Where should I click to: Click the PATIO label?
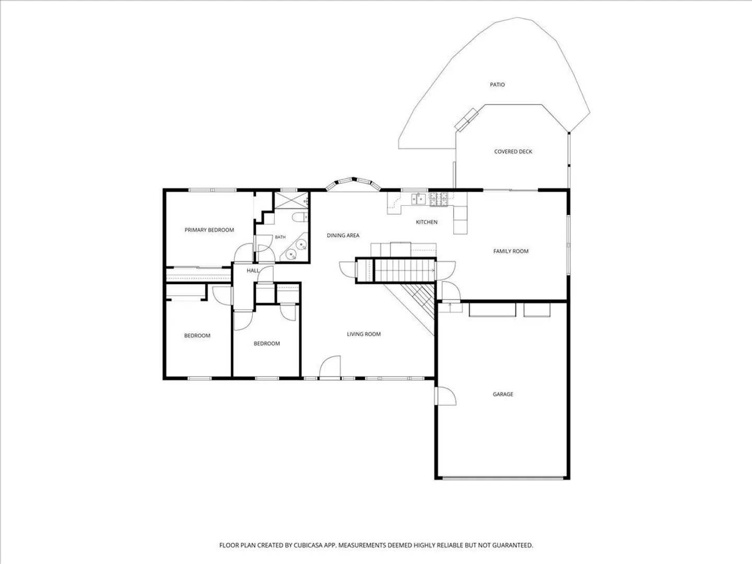497,85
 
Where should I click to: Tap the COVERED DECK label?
513,151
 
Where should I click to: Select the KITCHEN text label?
427,222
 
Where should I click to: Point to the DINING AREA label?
343,235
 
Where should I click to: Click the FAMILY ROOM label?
511,251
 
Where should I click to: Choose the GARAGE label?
503,394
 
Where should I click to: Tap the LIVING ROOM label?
363,334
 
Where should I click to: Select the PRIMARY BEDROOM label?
209,230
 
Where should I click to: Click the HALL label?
253,271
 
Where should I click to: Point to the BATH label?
280,237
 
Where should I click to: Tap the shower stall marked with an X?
291,201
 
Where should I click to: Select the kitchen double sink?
419,198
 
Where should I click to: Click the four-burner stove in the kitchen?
439,199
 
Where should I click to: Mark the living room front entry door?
330,368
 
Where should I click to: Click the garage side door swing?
445,396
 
